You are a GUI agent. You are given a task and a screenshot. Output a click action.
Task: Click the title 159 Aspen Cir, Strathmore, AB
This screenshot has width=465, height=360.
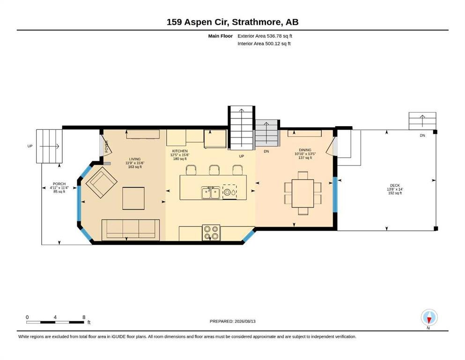232,22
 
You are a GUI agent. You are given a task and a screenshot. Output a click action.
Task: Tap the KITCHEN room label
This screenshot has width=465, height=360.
180,151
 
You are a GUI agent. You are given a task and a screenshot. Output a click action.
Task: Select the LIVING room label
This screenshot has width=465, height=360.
135,159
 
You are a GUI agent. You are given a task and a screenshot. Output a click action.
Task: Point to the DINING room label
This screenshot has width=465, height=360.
305,150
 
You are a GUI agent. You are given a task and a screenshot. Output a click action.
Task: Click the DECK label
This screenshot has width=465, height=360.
395,186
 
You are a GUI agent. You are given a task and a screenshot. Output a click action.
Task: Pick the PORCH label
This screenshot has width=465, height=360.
59,184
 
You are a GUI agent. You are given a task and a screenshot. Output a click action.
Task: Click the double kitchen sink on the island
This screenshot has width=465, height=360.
211,193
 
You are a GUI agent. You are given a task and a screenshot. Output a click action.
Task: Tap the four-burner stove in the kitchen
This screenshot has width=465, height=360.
212,232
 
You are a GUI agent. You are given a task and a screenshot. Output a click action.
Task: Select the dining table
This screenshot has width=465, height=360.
303,194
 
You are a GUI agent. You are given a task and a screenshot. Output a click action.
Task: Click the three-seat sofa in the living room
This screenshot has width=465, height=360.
131,230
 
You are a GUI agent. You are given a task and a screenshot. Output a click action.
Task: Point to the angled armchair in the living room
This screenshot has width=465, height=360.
102,182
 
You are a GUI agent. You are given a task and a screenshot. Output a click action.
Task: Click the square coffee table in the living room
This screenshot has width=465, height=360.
133,198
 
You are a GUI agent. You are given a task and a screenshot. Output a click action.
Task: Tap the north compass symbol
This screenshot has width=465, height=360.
429,317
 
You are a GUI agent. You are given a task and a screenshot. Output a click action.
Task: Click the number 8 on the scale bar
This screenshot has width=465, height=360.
84,317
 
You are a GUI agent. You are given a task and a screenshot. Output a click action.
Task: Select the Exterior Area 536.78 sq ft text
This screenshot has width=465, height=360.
265,36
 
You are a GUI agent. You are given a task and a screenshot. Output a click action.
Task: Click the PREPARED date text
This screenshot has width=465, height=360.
232,321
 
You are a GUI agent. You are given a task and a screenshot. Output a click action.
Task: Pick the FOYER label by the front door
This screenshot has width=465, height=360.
106,146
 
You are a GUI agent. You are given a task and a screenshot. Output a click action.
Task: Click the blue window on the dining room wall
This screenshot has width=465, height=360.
335,195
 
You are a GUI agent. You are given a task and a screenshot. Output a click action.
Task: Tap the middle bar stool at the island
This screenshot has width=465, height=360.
214,170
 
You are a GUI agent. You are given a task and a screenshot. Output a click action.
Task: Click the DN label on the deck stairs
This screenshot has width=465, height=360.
422,135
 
